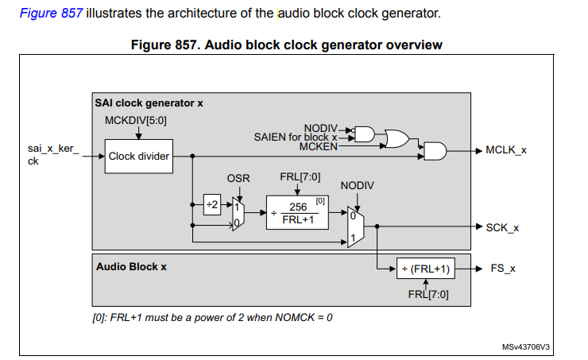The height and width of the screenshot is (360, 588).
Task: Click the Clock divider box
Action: tap(139, 156)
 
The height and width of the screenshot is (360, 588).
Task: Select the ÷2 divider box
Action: tap(211, 203)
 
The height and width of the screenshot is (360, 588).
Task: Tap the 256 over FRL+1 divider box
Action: tap(298, 212)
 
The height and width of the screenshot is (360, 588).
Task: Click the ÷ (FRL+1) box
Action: tap(427, 269)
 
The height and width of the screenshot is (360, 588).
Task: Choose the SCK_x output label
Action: tap(502, 227)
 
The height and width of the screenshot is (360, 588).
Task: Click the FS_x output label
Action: tap(502, 269)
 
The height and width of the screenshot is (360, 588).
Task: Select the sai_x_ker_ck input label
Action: tap(53, 155)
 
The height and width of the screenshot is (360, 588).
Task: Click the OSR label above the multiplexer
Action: tap(238, 179)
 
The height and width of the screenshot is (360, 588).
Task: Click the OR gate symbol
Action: tap(396, 139)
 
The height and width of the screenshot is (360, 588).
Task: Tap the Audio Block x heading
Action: tap(131, 266)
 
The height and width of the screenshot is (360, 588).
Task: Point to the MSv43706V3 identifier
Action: tap(526, 347)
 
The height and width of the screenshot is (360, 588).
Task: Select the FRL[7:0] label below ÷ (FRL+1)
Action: tap(428, 294)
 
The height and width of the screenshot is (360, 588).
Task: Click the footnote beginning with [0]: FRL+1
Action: tap(212, 317)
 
